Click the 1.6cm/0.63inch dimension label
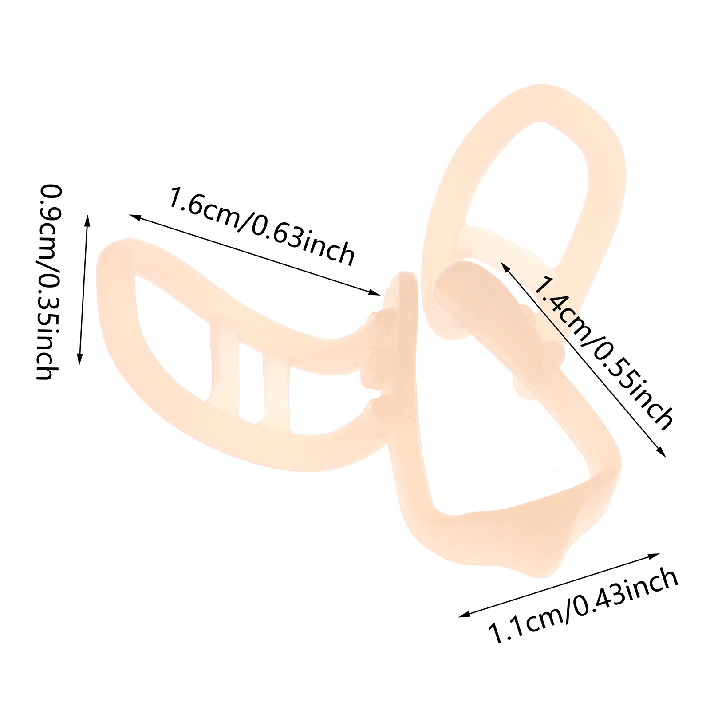(x=262, y=226)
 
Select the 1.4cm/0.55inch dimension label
(x=603, y=353)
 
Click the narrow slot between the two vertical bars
(x=251, y=382)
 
